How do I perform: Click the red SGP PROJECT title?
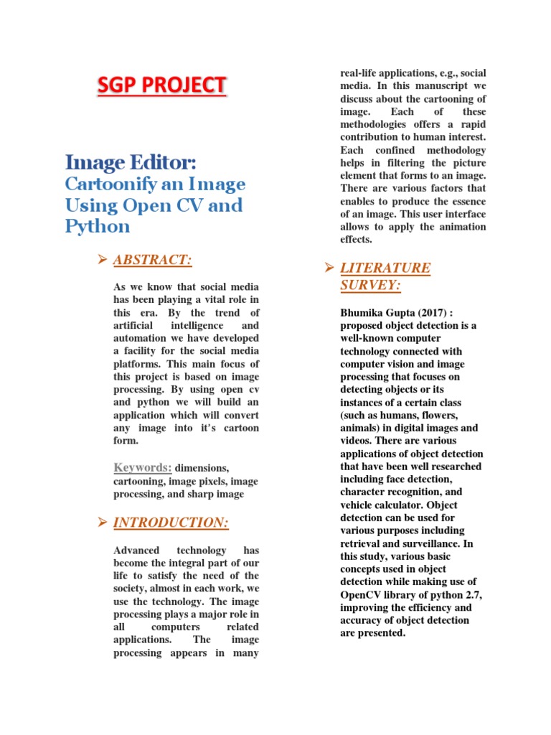(161, 85)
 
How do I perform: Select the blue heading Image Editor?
(131, 162)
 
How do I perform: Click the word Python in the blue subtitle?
(98, 227)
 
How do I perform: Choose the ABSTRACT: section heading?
(152, 260)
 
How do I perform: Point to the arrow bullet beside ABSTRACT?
(102, 260)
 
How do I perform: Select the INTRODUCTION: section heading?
(171, 523)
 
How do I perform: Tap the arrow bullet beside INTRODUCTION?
(102, 523)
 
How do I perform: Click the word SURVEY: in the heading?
(370, 285)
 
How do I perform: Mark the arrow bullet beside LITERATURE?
(329, 268)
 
